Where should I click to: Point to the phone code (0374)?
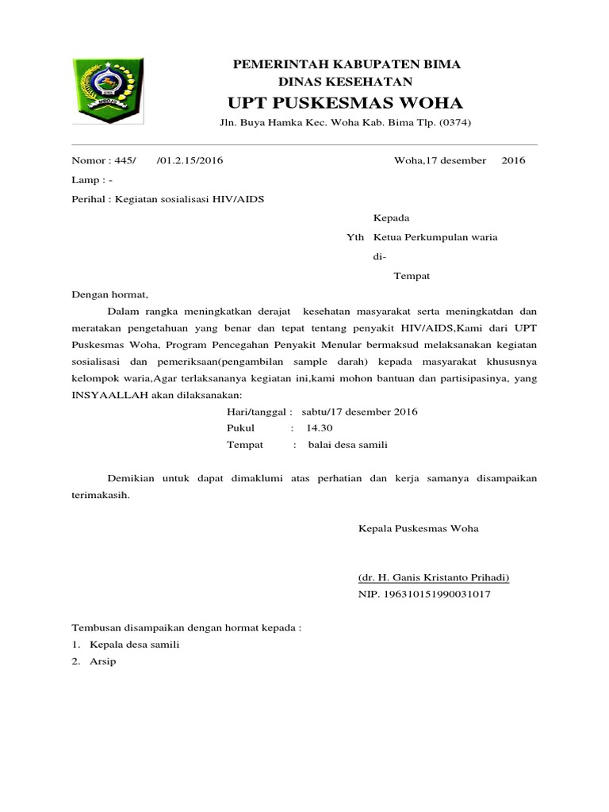(x=455, y=123)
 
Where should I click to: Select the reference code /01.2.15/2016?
(x=190, y=160)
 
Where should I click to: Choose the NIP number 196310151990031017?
(x=432, y=593)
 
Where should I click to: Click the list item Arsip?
(x=103, y=661)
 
